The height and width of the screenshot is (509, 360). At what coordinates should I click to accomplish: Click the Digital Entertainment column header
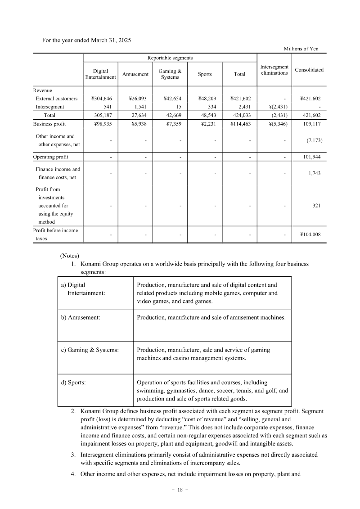pos(100,74)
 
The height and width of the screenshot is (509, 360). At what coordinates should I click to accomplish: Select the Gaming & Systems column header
pos(170,74)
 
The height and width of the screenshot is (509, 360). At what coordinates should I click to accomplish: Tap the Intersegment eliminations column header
pos(274,70)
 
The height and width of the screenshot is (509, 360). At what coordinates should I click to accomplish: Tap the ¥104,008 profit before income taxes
pos(310,234)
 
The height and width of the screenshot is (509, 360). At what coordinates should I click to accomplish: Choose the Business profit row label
pos(49,123)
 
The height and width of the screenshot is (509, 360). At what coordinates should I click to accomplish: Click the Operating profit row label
pos(51,157)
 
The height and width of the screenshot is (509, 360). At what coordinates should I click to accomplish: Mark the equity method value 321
pos(316,206)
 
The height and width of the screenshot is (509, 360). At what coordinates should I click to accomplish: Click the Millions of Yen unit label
pos(301,49)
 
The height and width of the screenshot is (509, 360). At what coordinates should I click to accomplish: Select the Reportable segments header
pos(170,58)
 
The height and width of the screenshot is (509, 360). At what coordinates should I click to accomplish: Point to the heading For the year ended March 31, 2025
pos(86,41)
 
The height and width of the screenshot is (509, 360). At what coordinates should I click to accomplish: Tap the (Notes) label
pos(69,256)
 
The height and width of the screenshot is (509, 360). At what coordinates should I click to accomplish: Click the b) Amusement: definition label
pos(81,317)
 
